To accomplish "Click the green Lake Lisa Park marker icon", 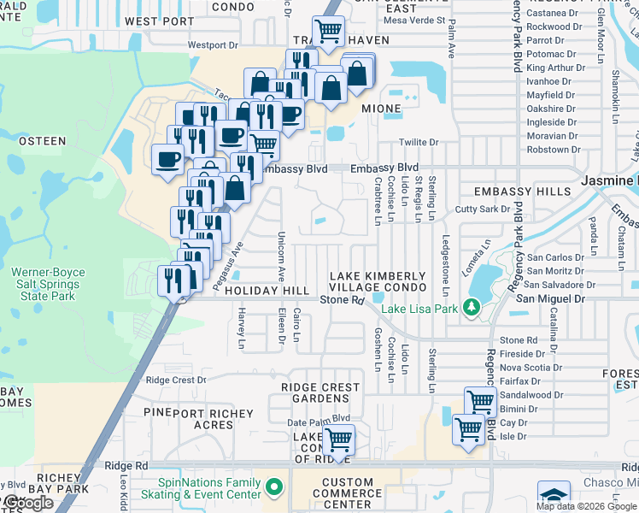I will (x=469, y=307).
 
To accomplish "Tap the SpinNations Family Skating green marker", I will (x=273, y=488).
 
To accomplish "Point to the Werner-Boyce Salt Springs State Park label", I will (x=43, y=285).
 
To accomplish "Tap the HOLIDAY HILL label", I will (x=267, y=292).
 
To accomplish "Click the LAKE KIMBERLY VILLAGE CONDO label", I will (x=378, y=281).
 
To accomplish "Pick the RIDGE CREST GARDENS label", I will (x=320, y=392).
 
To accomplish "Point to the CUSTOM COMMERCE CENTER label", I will (x=347, y=493).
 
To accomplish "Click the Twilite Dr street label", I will (x=419, y=143).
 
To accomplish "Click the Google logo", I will (x=27, y=503).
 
